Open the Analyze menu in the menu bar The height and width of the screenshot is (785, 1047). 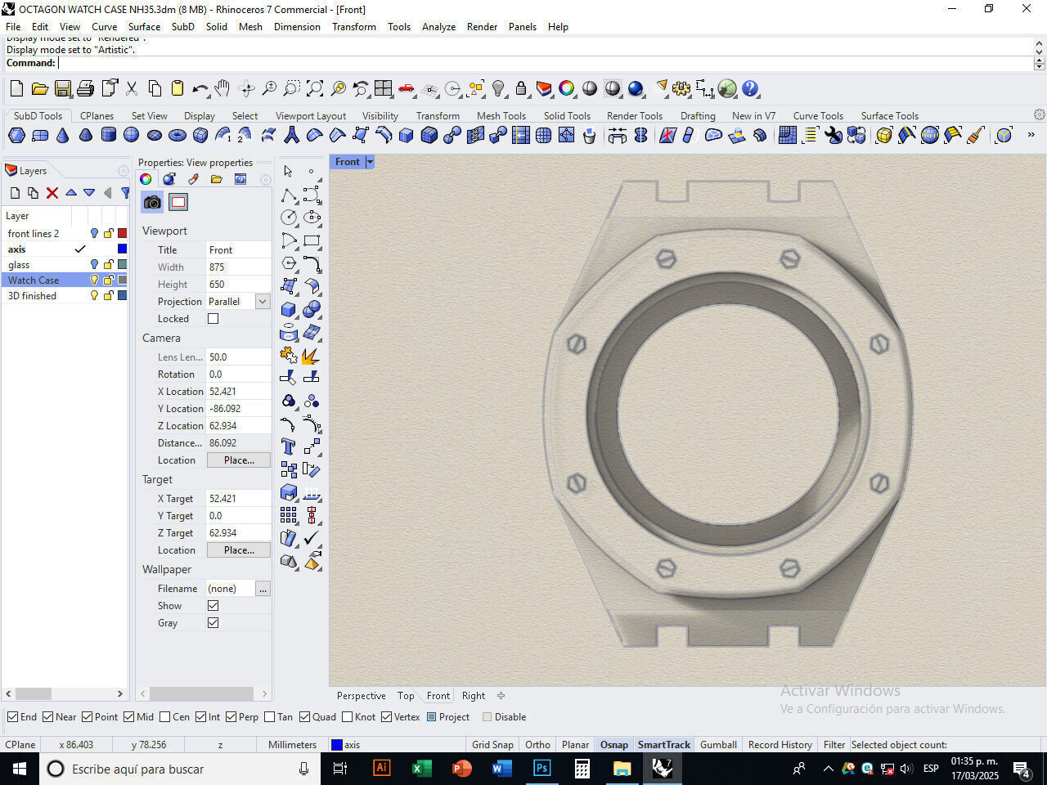point(438,26)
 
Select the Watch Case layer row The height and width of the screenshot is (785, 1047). point(34,280)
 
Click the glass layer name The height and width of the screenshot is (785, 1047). point(19,264)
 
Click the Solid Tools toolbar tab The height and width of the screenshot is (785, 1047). point(566,115)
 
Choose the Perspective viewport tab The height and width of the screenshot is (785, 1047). point(361,696)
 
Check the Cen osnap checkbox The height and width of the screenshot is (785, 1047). point(165,717)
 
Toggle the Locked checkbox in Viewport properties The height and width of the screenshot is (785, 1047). point(213,319)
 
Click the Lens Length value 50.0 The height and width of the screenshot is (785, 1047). point(218,357)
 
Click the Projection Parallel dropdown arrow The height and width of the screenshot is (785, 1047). point(263,302)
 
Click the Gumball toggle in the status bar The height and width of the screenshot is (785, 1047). point(718,745)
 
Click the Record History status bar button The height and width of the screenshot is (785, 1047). point(780,745)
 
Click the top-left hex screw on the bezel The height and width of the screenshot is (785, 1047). point(666,259)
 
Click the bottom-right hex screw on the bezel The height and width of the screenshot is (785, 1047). point(790,567)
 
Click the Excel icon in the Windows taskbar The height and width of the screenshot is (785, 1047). point(421,769)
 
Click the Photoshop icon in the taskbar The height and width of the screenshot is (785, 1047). point(541,769)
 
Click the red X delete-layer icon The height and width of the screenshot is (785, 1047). point(52,193)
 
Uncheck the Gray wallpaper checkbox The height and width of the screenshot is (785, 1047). point(213,623)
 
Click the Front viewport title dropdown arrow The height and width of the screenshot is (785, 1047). point(370,162)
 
